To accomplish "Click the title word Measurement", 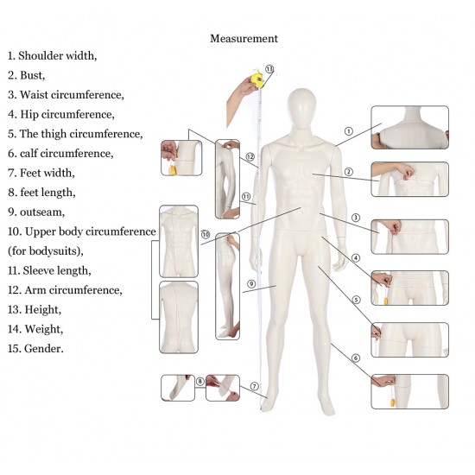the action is click(x=244, y=39).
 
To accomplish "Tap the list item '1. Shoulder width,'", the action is click(x=52, y=56).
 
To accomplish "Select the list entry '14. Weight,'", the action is click(x=35, y=329).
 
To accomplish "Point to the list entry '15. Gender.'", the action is click(x=35, y=348).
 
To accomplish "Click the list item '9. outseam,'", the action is click(x=36, y=212).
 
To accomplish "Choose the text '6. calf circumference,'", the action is click(x=60, y=153).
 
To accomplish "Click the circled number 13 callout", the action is click(x=269, y=69).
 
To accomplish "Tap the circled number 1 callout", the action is click(x=349, y=131).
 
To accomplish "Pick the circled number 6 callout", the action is click(x=356, y=358).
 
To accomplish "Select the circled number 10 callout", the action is click(x=206, y=234).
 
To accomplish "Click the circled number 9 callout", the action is click(x=251, y=284).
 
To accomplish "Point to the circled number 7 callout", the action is click(x=255, y=386).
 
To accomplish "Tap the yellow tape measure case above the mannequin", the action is click(x=257, y=79).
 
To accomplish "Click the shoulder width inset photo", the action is click(x=410, y=127).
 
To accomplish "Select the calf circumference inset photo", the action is click(x=410, y=391).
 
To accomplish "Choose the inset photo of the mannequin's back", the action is click(x=179, y=317).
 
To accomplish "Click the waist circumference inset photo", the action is click(x=410, y=237).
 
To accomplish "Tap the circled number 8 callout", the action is click(x=200, y=382).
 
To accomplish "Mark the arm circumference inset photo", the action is click(x=181, y=158).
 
